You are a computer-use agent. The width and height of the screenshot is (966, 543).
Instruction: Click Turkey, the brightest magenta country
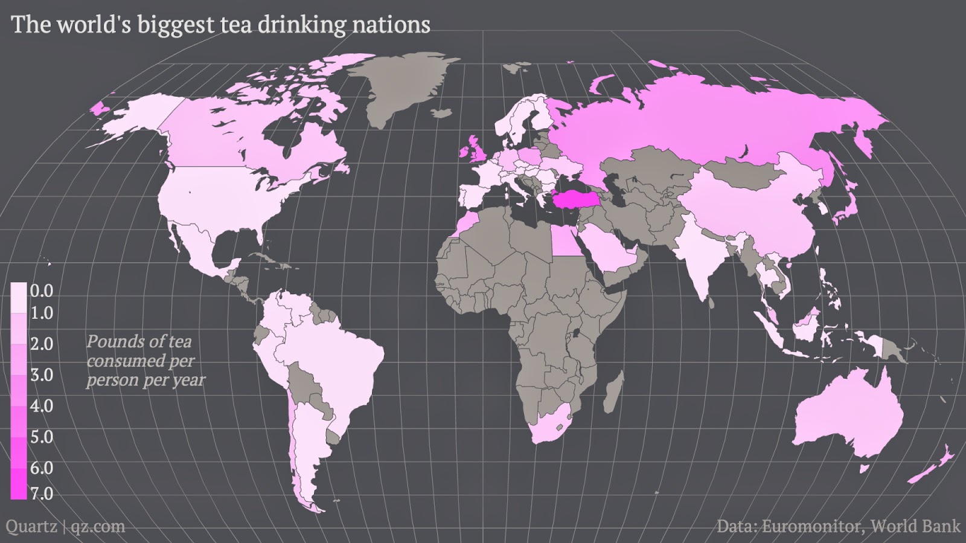(x=571, y=199)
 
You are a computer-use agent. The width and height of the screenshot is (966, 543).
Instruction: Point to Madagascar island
(x=614, y=393)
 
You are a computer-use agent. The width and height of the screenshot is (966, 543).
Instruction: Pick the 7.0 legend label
(x=41, y=493)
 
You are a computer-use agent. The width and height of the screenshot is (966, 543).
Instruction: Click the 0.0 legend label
(x=41, y=291)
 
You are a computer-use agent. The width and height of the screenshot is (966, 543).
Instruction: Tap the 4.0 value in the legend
(x=41, y=405)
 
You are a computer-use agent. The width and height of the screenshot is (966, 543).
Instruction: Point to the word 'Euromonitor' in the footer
(x=813, y=526)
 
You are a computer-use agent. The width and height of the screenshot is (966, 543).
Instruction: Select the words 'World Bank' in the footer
(x=916, y=526)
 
